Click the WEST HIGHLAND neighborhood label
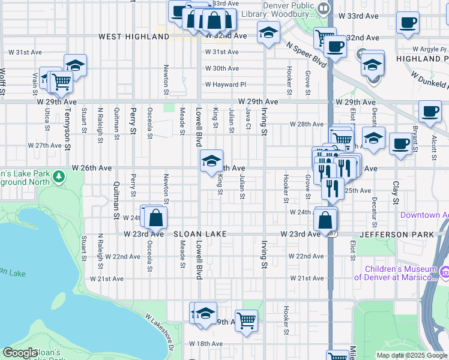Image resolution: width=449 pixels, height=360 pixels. click(x=134, y=37)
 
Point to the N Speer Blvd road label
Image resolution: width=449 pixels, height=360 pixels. click(x=306, y=55)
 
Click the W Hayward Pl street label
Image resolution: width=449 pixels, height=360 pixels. click(x=226, y=85)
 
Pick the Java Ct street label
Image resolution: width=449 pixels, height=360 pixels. click(x=248, y=119)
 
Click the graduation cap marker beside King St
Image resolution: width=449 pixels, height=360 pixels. click(x=211, y=160)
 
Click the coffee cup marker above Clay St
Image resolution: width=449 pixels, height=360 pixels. click(x=400, y=144)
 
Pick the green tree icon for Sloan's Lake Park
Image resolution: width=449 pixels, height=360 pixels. click(x=59, y=176)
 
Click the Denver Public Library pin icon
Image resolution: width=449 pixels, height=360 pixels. click(x=324, y=8)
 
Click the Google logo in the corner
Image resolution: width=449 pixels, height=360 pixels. click(x=20, y=353)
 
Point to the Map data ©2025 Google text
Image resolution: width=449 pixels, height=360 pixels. click(x=412, y=355)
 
